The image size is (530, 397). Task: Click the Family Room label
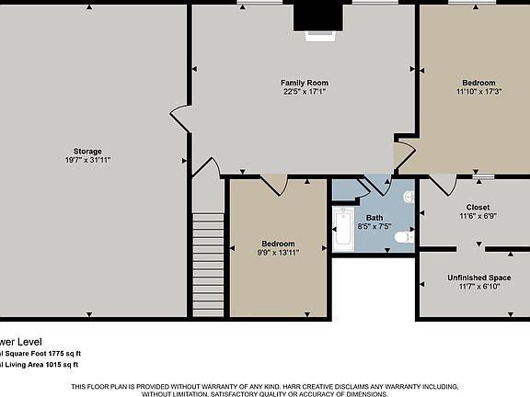[x=305, y=83]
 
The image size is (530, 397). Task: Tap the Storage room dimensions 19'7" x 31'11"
[x=88, y=160]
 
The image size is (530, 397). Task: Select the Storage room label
[x=88, y=151]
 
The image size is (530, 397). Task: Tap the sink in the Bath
[x=408, y=197]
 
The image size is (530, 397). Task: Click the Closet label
[x=478, y=207]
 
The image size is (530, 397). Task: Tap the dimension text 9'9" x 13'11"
[x=277, y=252]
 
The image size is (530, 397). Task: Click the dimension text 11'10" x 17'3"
[x=478, y=91]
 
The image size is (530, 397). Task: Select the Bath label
[x=374, y=217]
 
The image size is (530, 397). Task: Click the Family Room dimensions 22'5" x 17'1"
[x=305, y=91]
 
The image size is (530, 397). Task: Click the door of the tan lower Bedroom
[x=273, y=184]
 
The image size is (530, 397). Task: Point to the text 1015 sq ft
[x=62, y=365]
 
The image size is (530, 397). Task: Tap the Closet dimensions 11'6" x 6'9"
[x=478, y=216]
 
